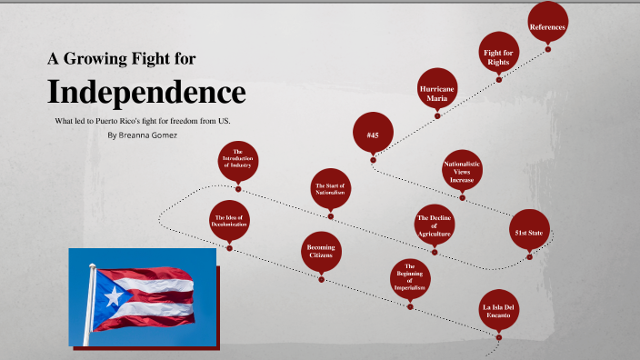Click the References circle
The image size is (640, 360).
(x=547, y=27)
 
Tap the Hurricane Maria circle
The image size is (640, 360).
(x=437, y=92)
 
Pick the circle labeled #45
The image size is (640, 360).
(x=373, y=135)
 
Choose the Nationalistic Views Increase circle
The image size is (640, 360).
(x=462, y=172)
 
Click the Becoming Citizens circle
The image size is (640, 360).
(x=321, y=253)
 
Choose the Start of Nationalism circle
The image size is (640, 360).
(x=331, y=191)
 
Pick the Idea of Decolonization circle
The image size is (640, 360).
(x=229, y=223)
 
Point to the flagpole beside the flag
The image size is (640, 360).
(x=91, y=309)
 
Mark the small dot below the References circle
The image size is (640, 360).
(x=547, y=51)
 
